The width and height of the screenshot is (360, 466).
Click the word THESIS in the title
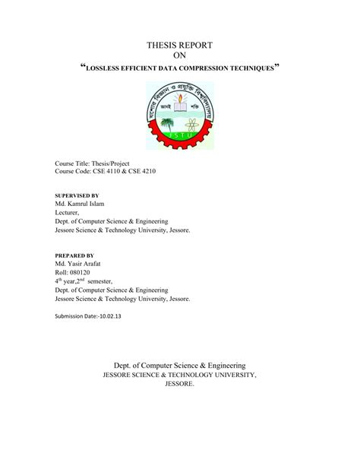pyautogui.click(x=159, y=46)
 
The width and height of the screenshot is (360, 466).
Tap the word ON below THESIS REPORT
pyautogui.click(x=180, y=55)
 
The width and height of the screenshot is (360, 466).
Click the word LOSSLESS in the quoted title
pyautogui.click(x=106, y=69)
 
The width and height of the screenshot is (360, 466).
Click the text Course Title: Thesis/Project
pyautogui.click(x=93, y=164)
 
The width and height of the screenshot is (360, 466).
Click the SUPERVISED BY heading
pyautogui.click(x=77, y=195)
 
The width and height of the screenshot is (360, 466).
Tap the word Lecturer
pyautogui.click(x=72, y=214)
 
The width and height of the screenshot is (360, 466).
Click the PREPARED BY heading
pyautogui.click(x=74, y=255)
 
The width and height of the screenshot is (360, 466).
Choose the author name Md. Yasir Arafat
pyautogui.click(x=83, y=265)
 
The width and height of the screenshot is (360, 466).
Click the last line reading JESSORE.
pyautogui.click(x=180, y=384)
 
